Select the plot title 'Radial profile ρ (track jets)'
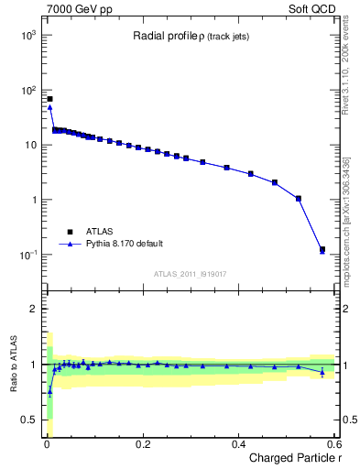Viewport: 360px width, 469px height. pos(190,36)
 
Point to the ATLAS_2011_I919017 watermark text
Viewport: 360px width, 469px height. pos(191,273)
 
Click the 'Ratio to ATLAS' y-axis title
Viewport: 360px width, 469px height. pos(14,364)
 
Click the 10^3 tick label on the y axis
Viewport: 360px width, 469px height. pos(28,35)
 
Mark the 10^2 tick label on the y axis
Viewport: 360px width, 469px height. pos(28,90)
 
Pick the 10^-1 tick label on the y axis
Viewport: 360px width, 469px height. pos(28,255)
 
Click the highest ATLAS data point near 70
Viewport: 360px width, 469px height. pos(49,98)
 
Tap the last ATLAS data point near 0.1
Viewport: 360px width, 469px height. pos(322,249)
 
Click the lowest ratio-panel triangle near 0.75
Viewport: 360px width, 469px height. pos(49,391)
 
